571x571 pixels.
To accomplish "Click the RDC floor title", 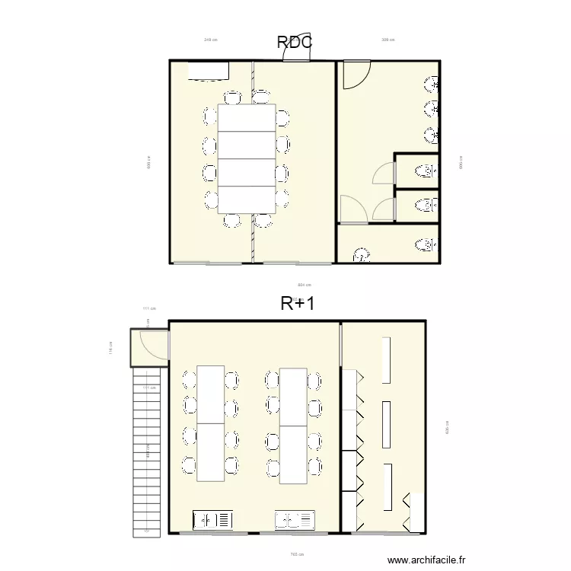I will pos(295,43).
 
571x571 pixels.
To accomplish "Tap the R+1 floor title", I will pos(298,304).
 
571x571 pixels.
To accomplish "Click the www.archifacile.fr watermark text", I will pos(426,560).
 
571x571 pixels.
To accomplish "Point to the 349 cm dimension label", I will pos(210,40).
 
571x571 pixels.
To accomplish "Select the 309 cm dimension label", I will pos(388,40).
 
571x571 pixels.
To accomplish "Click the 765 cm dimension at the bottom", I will pos(297,554).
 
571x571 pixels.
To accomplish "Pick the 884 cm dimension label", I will pos(304,285).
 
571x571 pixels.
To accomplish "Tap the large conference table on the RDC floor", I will pos(247,158).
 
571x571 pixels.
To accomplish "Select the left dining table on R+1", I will pos(210,423).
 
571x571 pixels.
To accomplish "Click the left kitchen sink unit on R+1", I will pos(213,521).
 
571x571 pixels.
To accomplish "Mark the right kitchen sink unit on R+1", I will pos(295,521).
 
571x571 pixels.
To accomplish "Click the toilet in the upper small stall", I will pos(427,171).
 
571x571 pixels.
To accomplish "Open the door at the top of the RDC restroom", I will pos(354,75).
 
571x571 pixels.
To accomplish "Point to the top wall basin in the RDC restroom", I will pos(431,83).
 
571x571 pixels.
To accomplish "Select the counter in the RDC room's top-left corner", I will pos(208,70).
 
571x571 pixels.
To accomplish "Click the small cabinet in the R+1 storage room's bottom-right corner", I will pos(416,512).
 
